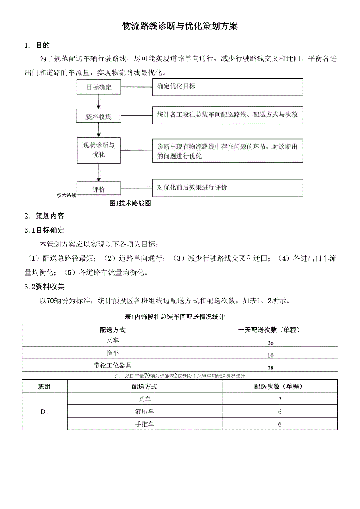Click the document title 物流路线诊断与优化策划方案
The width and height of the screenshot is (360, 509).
pyautogui.click(x=180, y=26)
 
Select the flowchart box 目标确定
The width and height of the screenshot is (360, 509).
pyautogui.click(x=99, y=87)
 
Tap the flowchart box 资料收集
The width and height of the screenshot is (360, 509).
pyautogui.click(x=99, y=116)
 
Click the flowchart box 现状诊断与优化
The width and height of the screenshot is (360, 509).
pyautogui.click(x=99, y=150)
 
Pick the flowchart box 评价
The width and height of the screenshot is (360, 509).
pyautogui.click(x=99, y=190)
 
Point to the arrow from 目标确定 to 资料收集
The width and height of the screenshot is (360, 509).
pyautogui.click(x=99, y=102)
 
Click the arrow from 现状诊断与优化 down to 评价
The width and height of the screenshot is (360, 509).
pyautogui.click(x=99, y=172)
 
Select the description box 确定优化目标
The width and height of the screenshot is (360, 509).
pyautogui.click(x=227, y=87)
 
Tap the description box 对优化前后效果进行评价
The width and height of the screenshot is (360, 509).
pyautogui.click(x=227, y=188)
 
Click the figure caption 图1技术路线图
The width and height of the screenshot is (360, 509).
pyautogui.click(x=130, y=203)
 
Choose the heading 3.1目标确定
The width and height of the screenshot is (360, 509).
pyautogui.click(x=44, y=230)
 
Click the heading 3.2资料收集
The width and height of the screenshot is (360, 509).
pyautogui.click(x=44, y=287)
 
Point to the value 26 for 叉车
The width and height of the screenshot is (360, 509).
pyautogui.click(x=270, y=343)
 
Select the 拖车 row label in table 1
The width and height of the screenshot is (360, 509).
pyautogui.click(x=113, y=353)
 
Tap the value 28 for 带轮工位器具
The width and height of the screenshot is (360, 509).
pyautogui.click(x=270, y=368)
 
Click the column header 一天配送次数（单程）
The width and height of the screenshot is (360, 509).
pyautogui.click(x=270, y=330)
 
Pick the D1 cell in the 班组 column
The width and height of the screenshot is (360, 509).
pyautogui.click(x=45, y=412)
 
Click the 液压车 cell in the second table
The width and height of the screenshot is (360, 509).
pyautogui.click(x=144, y=412)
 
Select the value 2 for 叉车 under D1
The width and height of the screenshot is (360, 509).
pyautogui.click(x=279, y=399)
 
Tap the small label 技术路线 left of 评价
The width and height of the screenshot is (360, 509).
pyautogui.click(x=67, y=195)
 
